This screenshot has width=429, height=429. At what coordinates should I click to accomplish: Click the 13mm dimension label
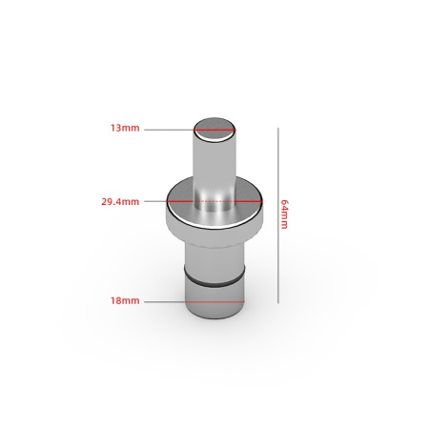pos(125,128)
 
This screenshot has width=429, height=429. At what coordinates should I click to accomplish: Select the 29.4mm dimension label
pos(120,202)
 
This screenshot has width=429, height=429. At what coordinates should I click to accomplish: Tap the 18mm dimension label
pos(125,300)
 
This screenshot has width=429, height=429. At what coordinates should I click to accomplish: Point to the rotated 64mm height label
pos(284,214)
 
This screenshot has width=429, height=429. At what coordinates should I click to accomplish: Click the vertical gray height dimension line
pos(278,215)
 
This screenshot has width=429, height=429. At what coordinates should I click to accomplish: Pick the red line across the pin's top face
pos(214,130)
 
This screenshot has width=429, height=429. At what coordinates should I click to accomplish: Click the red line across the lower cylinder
pos(214,302)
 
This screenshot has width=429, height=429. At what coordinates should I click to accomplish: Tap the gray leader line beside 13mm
pos(169,130)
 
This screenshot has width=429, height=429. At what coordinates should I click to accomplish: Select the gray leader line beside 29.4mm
pos(155,201)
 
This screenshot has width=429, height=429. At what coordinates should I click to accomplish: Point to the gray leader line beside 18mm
pos(165,302)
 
